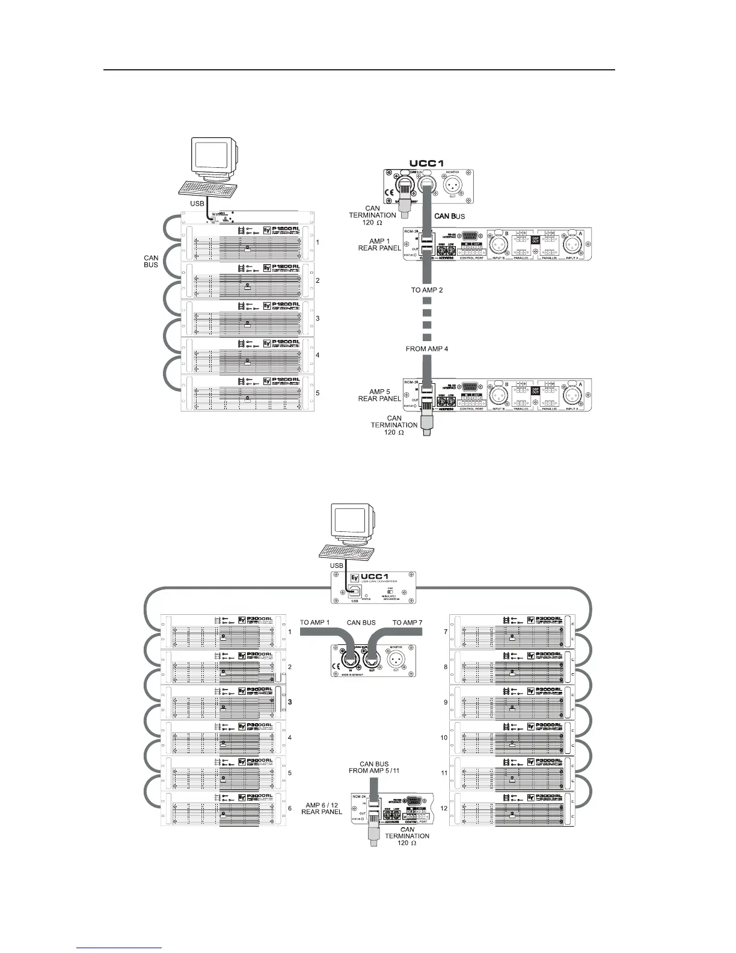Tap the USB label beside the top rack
click(x=197, y=204)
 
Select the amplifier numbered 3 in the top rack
click(x=248, y=318)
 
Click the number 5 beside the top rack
click(x=317, y=393)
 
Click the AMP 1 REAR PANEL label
click(x=379, y=244)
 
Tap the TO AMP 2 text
click(x=427, y=290)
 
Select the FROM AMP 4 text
click(x=426, y=348)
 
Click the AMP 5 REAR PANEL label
click(x=379, y=395)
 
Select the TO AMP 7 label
click(x=408, y=622)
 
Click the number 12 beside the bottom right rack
click(x=444, y=808)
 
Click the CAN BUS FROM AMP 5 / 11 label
click(x=374, y=767)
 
